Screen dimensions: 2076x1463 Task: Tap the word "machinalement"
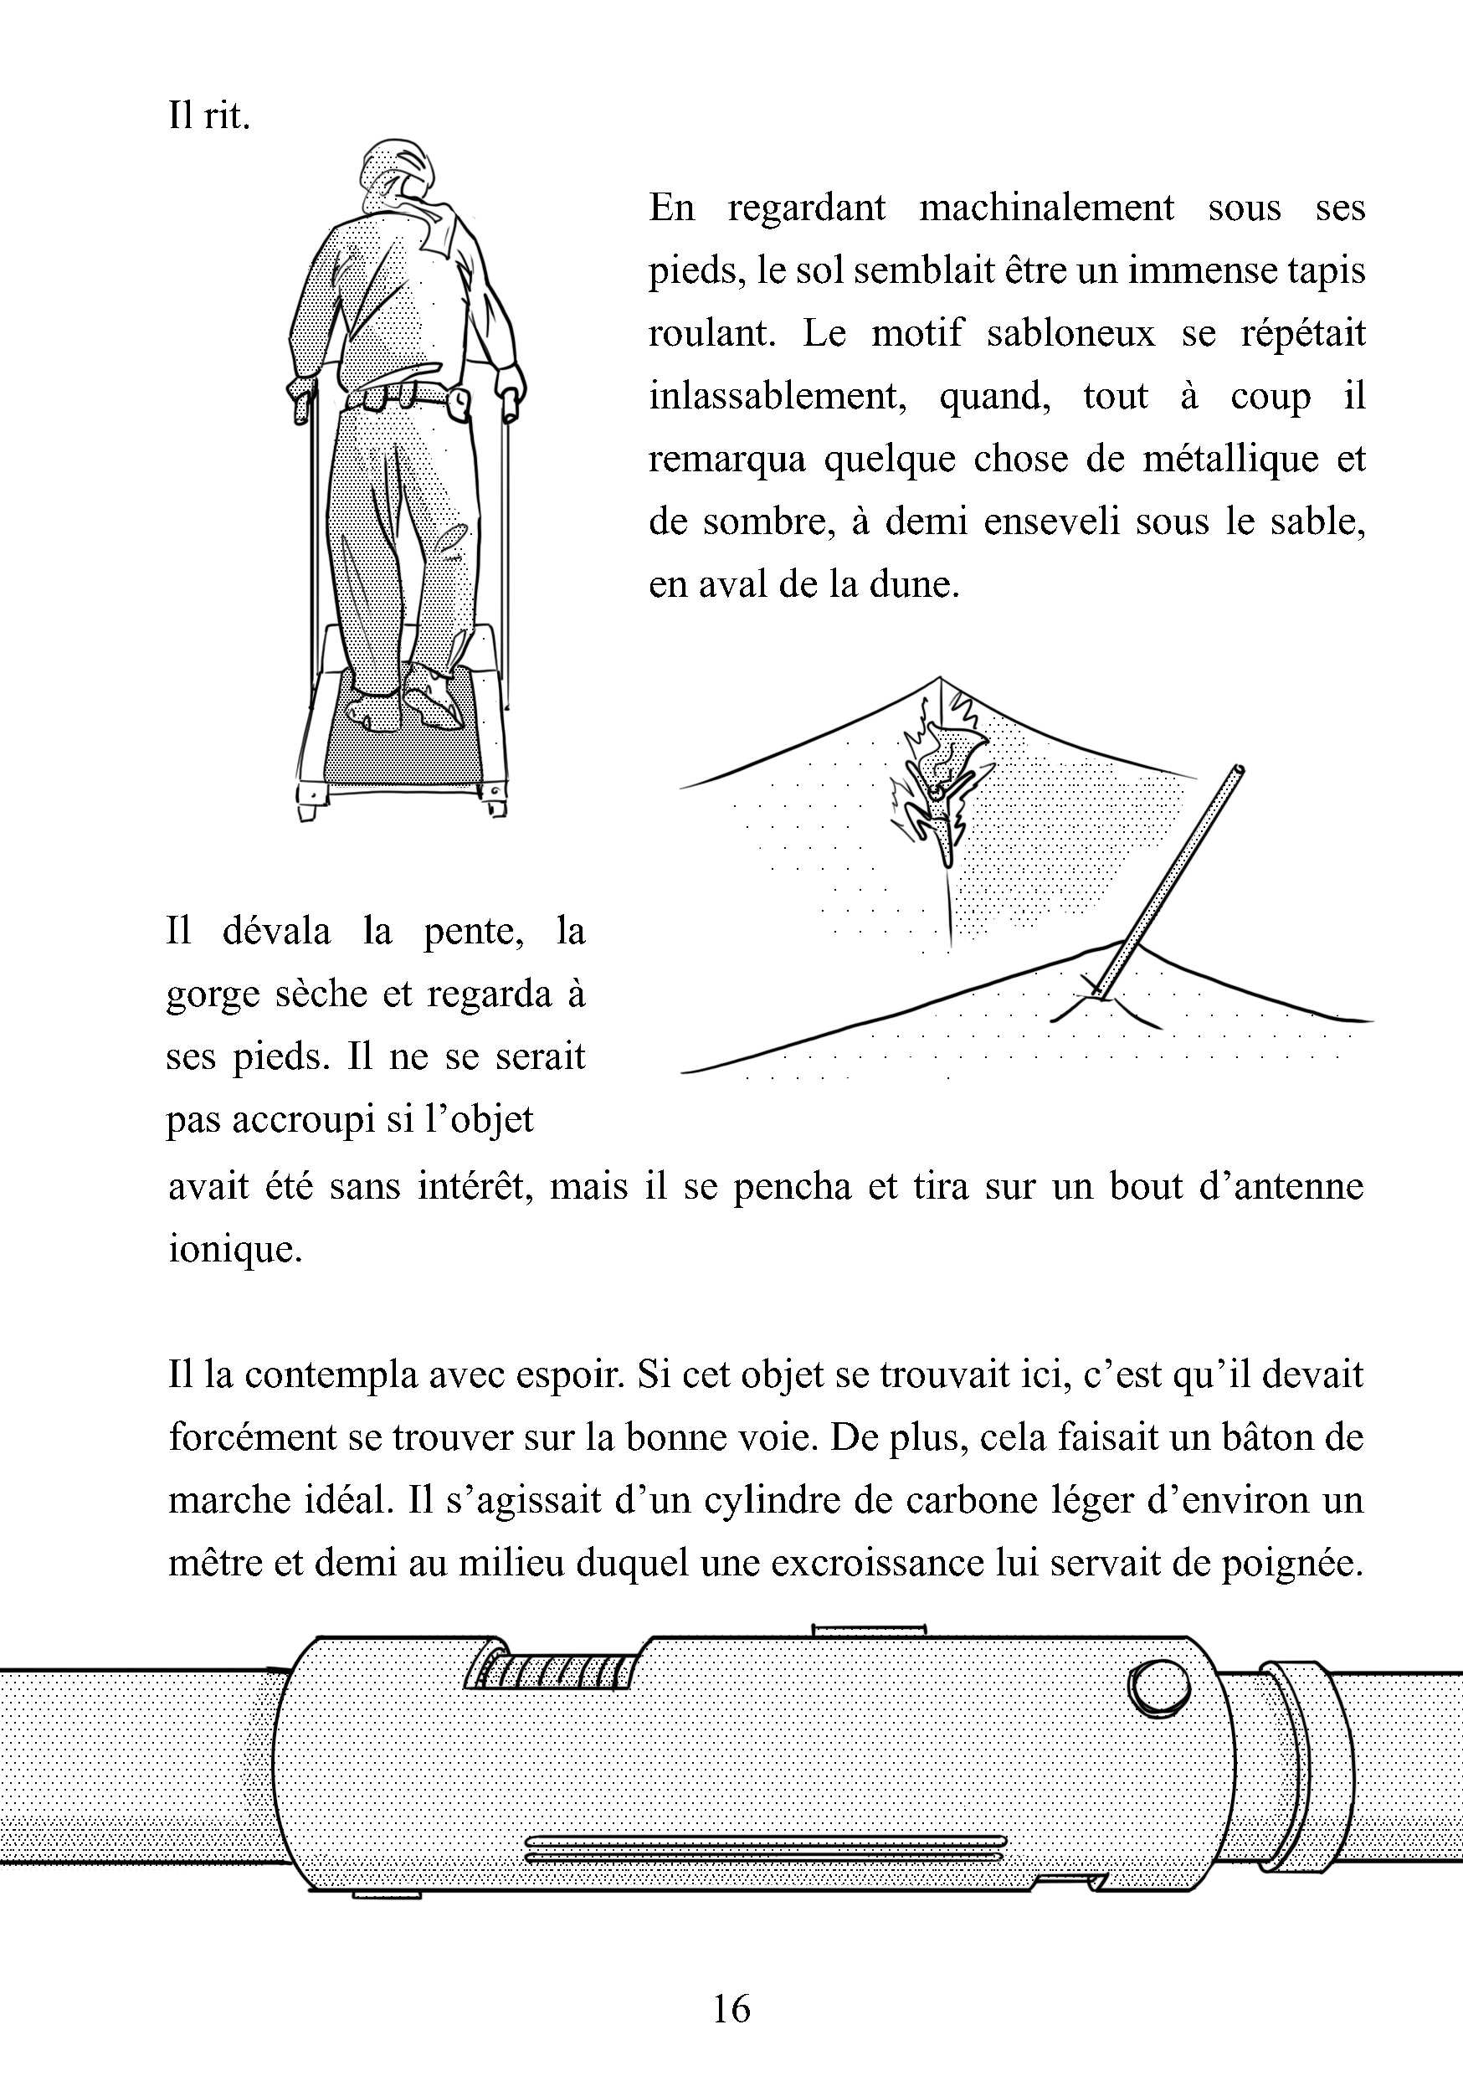click(x=1046, y=209)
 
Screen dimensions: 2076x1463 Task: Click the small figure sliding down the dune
click(x=941, y=796)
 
